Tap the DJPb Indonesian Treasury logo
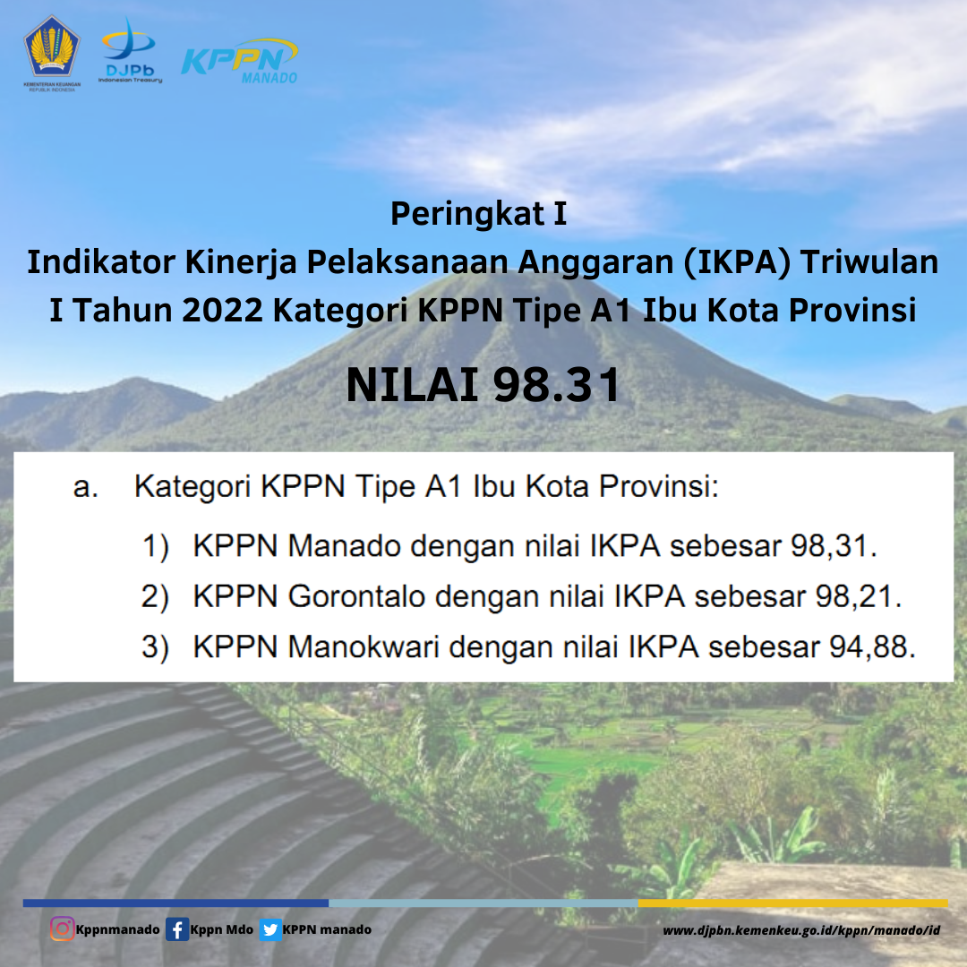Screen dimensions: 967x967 pyautogui.click(x=130, y=50)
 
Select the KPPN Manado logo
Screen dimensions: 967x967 pyautogui.click(x=239, y=61)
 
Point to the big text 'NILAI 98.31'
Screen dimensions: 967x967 pyautogui.click(x=483, y=385)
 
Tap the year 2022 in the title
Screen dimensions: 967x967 pyautogui.click(x=223, y=310)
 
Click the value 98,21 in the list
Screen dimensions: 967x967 pyautogui.click(x=854, y=596)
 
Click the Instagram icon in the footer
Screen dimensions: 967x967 pyautogui.click(x=62, y=928)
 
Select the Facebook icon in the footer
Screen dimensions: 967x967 pyautogui.click(x=177, y=929)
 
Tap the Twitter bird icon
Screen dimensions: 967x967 pyautogui.click(x=270, y=929)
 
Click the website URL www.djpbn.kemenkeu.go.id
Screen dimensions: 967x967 pyautogui.click(x=801, y=930)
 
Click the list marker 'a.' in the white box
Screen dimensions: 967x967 pyautogui.click(x=86, y=487)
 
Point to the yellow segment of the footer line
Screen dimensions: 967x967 pyautogui.click(x=792, y=903)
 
